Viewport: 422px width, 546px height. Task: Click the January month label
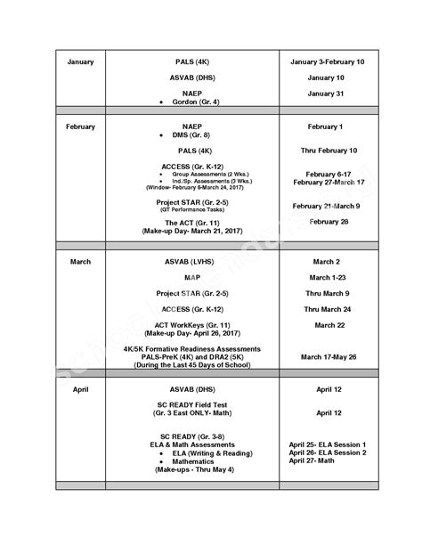(x=79, y=63)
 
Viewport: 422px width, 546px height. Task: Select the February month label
(x=80, y=126)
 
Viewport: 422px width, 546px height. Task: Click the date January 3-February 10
(x=328, y=63)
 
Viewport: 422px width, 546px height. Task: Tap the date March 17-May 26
(x=328, y=356)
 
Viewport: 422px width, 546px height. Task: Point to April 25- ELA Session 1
(x=328, y=444)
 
